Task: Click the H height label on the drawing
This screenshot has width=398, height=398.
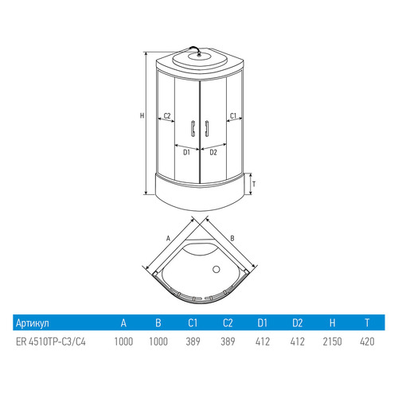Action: tap(142, 115)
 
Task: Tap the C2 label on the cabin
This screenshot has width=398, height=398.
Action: tap(167, 115)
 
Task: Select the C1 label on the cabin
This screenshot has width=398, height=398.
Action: tap(233, 115)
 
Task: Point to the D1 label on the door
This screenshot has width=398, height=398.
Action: tap(186, 152)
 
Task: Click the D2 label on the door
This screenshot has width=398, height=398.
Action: tap(213, 152)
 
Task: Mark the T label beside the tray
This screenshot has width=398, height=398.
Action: tap(254, 184)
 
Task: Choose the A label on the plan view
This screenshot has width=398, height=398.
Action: tap(168, 239)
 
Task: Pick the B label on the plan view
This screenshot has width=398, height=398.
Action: tap(232, 238)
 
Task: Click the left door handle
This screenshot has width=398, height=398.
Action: tap(193, 129)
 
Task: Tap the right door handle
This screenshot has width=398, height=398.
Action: tap(207, 129)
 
